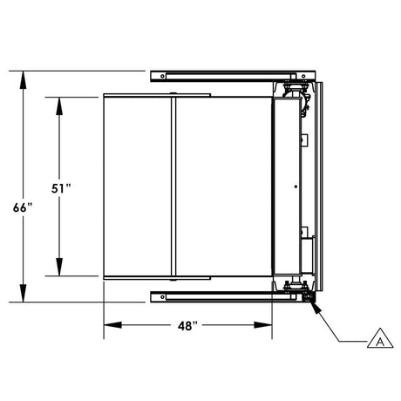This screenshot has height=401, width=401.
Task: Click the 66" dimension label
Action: [x=24, y=207]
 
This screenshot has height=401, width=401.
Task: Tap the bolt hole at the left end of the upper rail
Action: [x=161, y=76]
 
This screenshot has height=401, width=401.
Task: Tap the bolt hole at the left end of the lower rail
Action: [x=161, y=297]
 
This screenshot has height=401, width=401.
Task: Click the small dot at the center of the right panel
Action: [x=296, y=187]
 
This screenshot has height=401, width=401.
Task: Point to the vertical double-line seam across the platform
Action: [x=173, y=187]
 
